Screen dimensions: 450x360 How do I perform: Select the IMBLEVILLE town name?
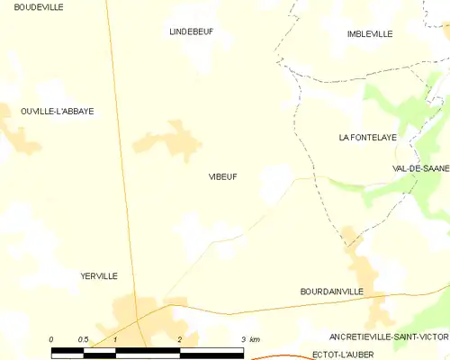tap(370, 34)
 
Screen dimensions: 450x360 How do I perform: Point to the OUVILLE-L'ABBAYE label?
tap(58, 112)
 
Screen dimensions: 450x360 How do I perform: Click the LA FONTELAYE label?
tap(368, 138)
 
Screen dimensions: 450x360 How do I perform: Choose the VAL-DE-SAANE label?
tap(420, 168)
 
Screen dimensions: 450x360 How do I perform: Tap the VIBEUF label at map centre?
tap(223, 177)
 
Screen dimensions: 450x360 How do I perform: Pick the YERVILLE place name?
tap(99, 276)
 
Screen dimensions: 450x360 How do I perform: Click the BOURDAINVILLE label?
tap(331, 292)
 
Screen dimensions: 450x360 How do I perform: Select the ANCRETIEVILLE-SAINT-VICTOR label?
tap(389, 337)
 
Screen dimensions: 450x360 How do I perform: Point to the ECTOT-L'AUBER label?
tap(345, 354)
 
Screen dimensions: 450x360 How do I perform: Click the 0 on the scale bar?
tap(52, 339)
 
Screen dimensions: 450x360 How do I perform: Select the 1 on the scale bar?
tap(116, 339)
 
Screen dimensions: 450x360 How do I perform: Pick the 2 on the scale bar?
tap(180, 339)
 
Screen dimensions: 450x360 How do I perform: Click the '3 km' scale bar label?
tap(250, 339)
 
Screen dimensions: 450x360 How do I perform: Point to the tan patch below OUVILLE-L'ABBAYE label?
tap(20, 137)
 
